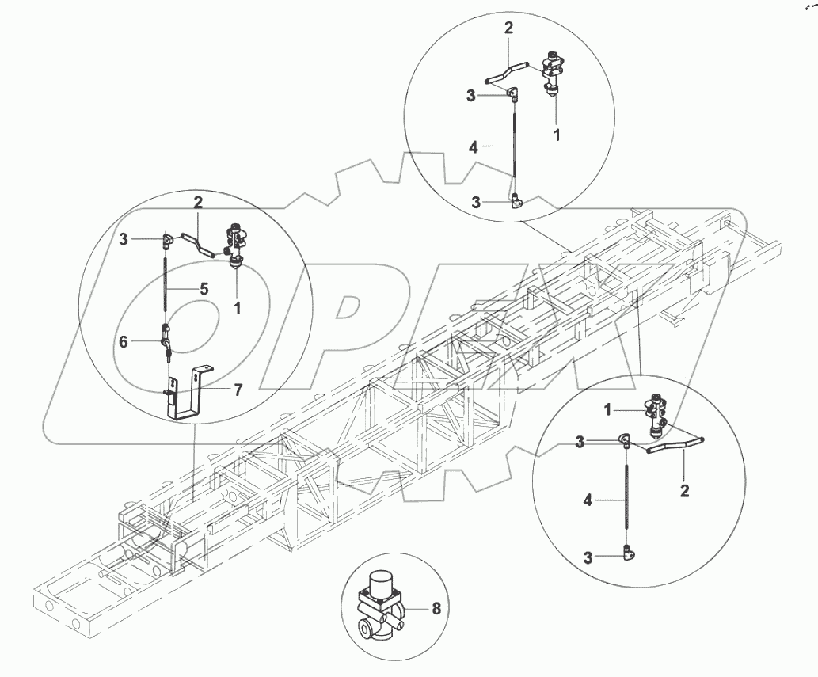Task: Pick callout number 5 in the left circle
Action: click(x=204, y=289)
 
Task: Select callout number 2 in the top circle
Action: click(x=508, y=28)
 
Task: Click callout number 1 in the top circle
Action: click(x=557, y=135)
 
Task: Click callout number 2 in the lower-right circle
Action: click(x=684, y=491)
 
